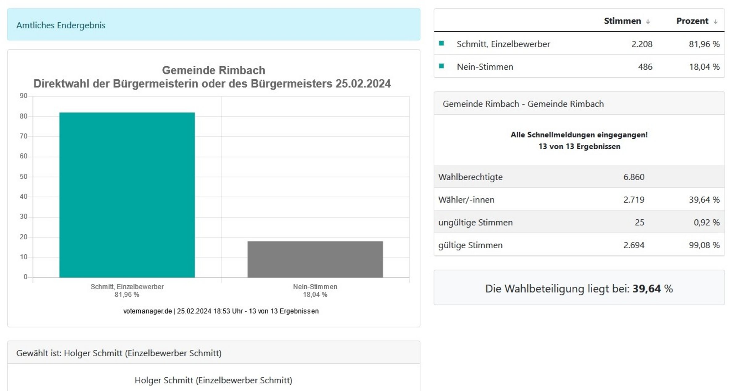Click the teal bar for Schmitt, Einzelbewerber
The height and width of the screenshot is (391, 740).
point(127,195)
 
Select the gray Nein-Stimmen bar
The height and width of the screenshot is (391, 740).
point(315,259)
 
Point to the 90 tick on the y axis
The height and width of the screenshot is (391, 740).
point(23,96)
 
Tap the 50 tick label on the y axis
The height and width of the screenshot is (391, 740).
point(23,177)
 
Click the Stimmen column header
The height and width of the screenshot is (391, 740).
point(622,21)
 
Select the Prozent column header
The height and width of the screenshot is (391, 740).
point(692,21)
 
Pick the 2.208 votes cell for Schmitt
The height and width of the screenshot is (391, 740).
point(642,44)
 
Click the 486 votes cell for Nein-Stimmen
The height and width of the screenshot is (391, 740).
point(645,67)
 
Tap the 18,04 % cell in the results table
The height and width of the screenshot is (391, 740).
point(704,67)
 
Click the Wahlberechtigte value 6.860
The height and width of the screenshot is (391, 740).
point(634,177)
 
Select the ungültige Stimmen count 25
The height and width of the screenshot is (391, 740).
point(639,222)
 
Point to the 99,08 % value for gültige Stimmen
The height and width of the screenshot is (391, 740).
point(704,245)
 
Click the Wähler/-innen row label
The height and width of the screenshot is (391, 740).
point(466,200)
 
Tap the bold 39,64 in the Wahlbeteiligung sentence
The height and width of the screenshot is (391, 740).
point(647,289)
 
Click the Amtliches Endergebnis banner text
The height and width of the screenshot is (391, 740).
point(61,25)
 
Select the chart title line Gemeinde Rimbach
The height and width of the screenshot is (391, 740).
point(213,70)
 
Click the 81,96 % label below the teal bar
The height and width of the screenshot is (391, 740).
point(127,295)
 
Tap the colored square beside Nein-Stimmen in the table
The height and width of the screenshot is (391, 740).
point(442,66)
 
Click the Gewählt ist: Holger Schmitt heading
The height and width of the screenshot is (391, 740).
point(119,353)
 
